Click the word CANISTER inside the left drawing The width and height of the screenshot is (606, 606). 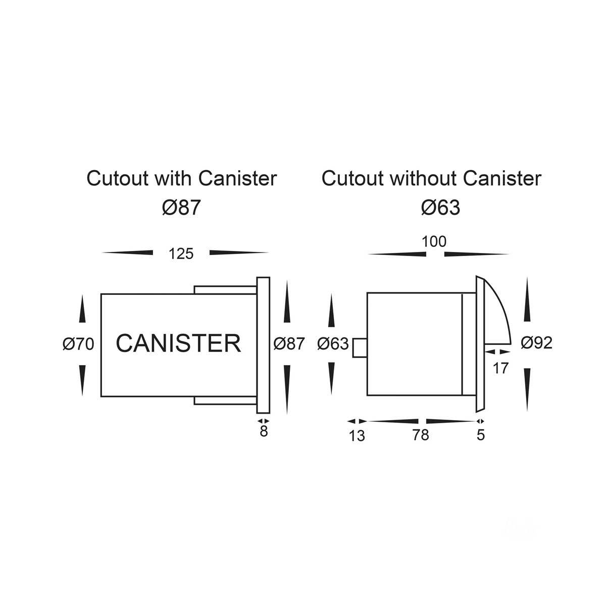tap(179, 343)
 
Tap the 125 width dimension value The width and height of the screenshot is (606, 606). tap(181, 254)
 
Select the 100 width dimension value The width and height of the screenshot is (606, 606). tap(434, 242)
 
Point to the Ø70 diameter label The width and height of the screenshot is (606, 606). tap(78, 344)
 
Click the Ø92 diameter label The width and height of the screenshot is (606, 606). tap(536, 343)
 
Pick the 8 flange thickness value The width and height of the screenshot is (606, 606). tap(264, 432)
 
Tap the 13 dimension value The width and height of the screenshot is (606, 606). tap(357, 435)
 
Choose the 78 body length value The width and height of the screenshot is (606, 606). tap(420, 435)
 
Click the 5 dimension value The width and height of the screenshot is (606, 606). tap(481, 435)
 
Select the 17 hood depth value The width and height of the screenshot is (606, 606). tap(500, 368)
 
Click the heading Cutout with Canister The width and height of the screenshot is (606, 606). tap(182, 179)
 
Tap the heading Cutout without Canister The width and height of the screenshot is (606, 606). tap(431, 179)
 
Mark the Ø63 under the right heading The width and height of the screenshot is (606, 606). tap(440, 208)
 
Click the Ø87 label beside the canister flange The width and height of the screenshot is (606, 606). tap(289, 344)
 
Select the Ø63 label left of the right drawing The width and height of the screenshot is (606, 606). tap(333, 344)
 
